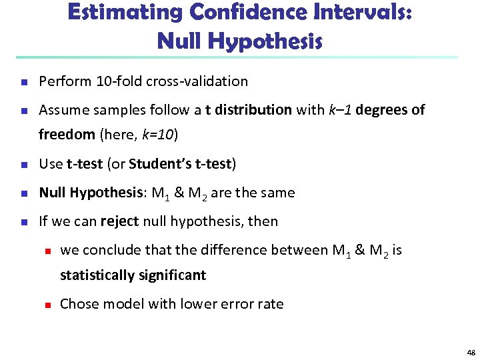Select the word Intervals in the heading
pyautogui.click(x=352, y=13)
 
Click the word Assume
pyautogui.click(x=63, y=110)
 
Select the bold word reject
pyautogui.click(x=119, y=221)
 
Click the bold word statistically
pyautogui.click(x=97, y=275)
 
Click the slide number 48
pyautogui.click(x=471, y=352)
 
